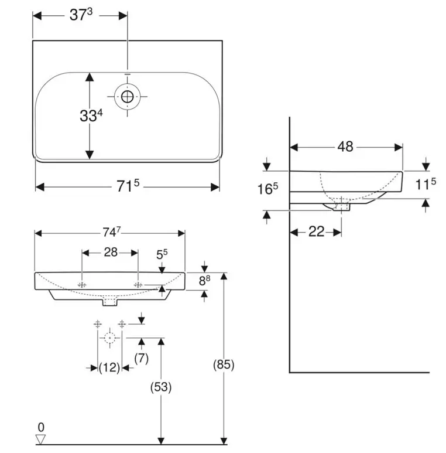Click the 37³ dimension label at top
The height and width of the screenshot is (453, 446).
click(x=81, y=15)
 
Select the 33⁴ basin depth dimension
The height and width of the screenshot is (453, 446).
click(x=91, y=115)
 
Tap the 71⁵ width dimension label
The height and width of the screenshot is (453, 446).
click(x=128, y=186)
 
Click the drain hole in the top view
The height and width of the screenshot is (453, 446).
click(x=127, y=97)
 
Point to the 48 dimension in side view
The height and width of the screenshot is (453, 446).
click(x=345, y=147)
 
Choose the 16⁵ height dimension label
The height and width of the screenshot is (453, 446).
click(x=267, y=189)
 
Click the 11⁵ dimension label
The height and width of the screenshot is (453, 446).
click(x=426, y=184)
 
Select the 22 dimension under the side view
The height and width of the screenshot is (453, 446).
click(x=317, y=231)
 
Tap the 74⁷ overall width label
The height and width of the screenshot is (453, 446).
click(x=112, y=231)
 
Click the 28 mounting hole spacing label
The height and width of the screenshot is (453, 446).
click(x=111, y=252)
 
